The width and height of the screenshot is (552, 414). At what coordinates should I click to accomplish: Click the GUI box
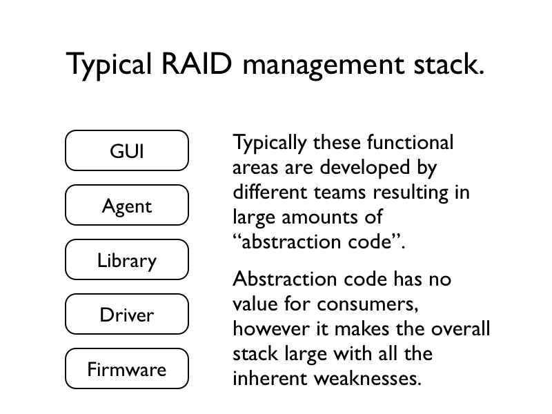point(127,150)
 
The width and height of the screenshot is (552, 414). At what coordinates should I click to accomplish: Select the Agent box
point(127,205)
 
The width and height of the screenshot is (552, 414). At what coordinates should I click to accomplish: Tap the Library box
point(127,259)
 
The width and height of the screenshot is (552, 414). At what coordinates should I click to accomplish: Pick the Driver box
point(127,314)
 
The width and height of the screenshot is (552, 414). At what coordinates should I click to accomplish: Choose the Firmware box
point(127,368)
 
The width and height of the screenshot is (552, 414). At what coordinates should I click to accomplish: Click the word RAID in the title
point(197,64)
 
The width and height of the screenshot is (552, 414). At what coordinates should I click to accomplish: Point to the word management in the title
point(324,67)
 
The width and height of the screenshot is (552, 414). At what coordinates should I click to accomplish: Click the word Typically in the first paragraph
point(269,144)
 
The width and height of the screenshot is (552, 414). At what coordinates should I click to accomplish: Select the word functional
point(410,142)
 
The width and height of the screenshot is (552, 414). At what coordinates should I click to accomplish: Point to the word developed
point(365,167)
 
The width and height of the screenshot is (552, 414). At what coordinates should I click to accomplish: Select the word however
point(270,329)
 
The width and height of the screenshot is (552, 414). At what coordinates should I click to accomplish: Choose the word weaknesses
point(368,378)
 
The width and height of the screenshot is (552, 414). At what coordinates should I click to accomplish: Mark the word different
point(270,192)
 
